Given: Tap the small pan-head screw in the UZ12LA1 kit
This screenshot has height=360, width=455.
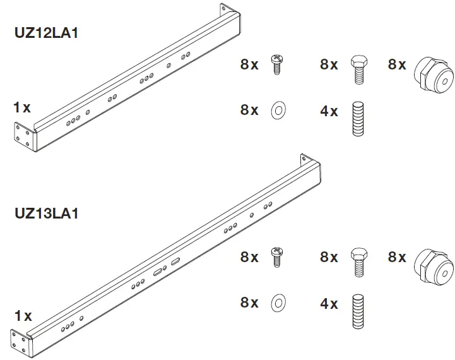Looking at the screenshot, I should coord(276,64).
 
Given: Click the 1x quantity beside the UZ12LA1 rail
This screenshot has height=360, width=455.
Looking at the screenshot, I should coord(22,108).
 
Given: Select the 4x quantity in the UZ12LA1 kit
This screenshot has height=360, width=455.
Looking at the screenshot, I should coord(329,111).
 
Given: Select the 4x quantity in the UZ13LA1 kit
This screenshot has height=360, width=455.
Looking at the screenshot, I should coord(329,304).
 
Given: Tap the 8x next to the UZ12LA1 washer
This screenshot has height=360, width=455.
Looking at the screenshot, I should coord(249,110).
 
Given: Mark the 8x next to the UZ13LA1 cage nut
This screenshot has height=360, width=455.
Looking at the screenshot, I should coord(397,257).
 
